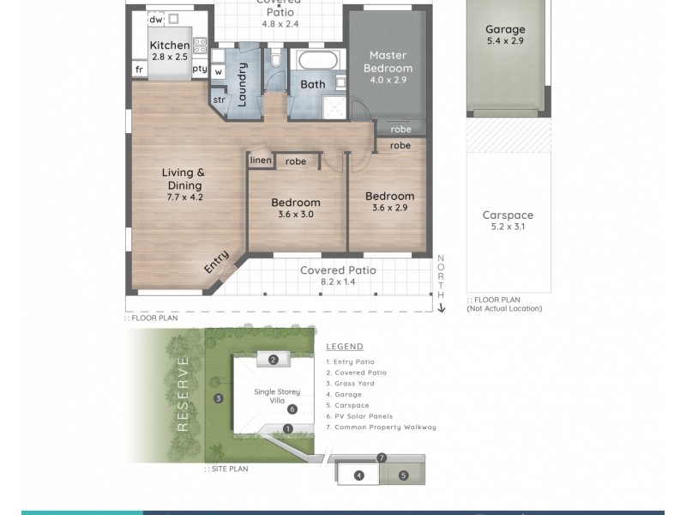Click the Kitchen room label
coord(170,45)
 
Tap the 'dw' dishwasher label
coord(156,19)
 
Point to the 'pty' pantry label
coord(200,69)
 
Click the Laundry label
coord(243,84)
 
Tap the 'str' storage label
coord(219,100)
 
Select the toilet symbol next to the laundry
coord(275,59)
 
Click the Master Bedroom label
coord(388,62)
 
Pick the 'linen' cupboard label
coord(261,161)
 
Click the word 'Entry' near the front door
coord(216,262)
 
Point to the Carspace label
coord(508,215)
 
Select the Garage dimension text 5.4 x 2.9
coord(505,40)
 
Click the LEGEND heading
coord(345,347)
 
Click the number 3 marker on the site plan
coord(219,397)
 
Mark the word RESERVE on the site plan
coord(182,394)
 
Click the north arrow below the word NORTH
coord(442,306)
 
